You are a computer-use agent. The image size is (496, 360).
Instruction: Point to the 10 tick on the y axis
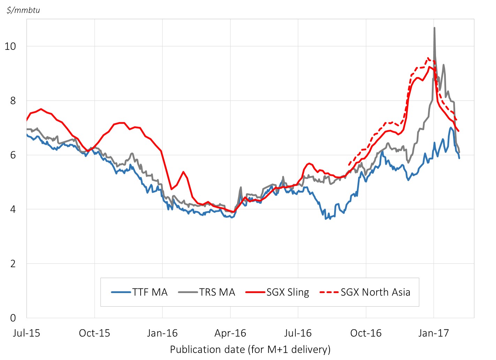pos(10,46)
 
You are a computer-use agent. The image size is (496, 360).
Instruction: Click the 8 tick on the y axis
pos(13,100)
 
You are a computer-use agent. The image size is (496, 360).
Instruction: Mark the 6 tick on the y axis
pos(13,155)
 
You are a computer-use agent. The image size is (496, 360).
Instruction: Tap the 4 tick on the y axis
pos(13,209)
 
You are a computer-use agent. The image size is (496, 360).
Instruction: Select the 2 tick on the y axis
pos(13,263)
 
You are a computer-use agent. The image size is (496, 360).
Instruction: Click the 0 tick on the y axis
pos(13,318)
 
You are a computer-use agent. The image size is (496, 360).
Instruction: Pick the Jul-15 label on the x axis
pos(27,333)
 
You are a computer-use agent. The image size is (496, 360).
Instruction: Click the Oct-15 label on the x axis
pos(95,333)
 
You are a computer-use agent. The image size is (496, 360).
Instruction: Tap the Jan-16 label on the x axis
pos(162,333)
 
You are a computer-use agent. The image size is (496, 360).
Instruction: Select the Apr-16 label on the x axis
pos(230,333)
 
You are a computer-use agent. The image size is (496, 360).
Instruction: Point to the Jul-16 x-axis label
pos(298,333)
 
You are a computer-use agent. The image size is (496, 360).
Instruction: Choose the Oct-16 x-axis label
pos(366,333)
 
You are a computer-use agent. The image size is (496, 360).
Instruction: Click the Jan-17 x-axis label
pos(434,333)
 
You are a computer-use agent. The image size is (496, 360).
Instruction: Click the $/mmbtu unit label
pos(23,10)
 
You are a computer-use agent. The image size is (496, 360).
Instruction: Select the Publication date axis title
pos(250,349)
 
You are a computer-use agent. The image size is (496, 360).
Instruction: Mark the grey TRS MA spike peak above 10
pos(434,28)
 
